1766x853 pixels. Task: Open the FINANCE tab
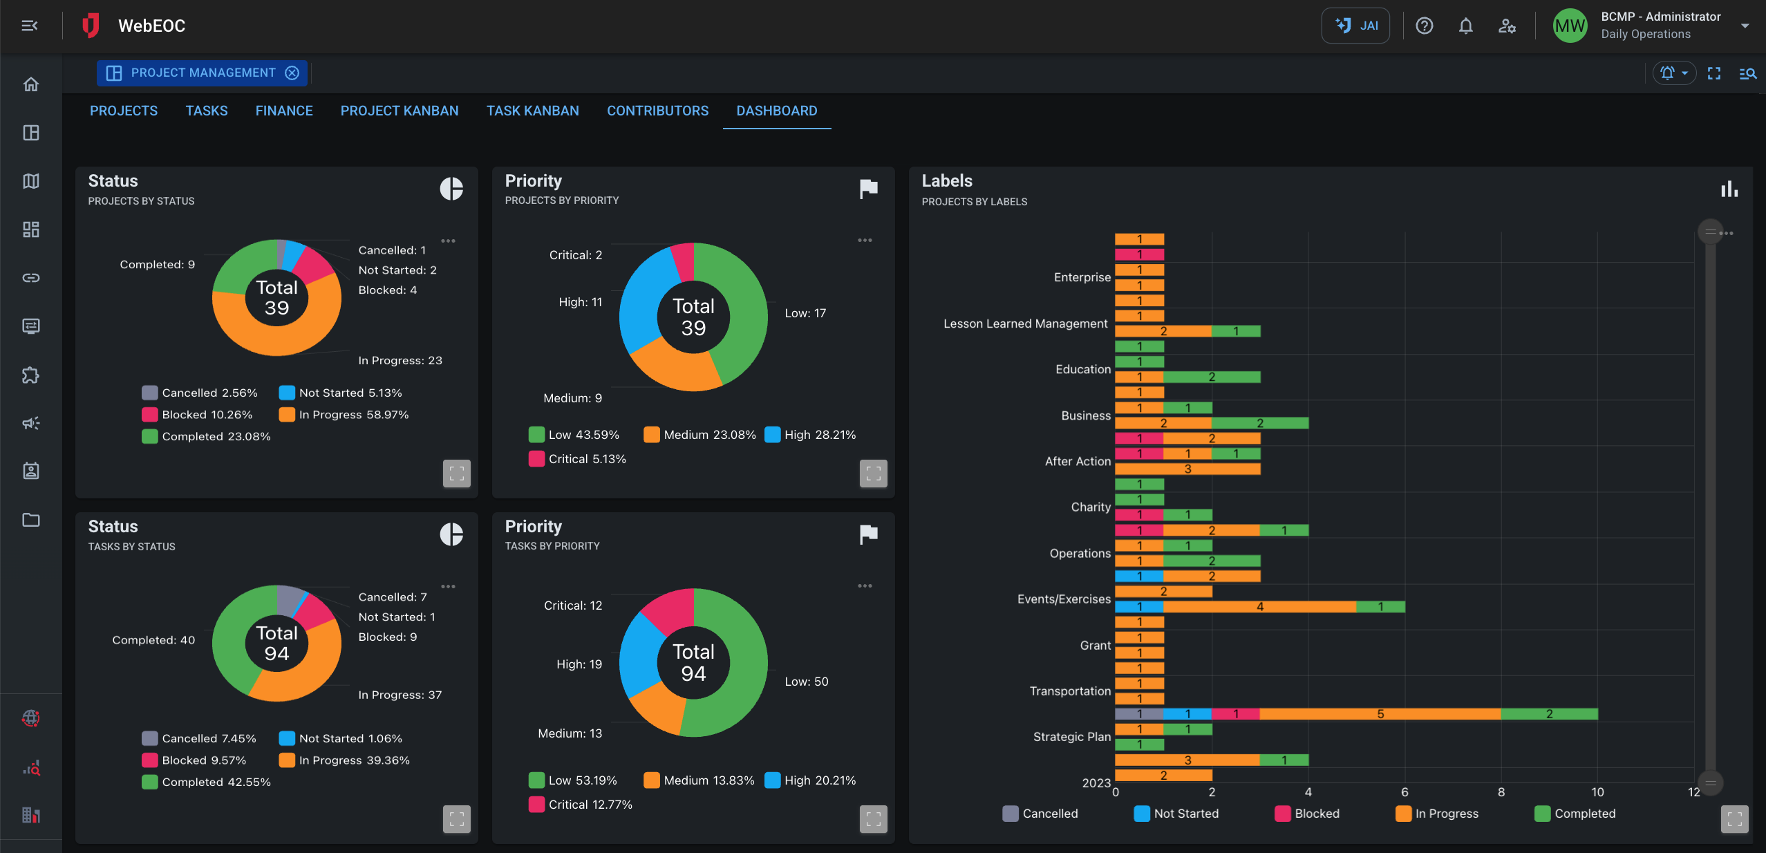(283, 111)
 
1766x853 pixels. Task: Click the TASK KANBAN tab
(532, 111)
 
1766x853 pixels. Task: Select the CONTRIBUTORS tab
(657, 111)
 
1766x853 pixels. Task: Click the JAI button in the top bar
(1355, 26)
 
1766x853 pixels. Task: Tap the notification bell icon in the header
(1465, 26)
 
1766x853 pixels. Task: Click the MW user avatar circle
(1570, 26)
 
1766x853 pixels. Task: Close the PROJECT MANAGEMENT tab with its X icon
(292, 73)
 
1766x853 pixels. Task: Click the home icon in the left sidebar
(31, 84)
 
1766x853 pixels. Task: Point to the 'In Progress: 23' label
(400, 361)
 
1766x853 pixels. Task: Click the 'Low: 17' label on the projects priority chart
(805, 313)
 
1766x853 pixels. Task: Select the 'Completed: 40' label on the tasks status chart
(153, 640)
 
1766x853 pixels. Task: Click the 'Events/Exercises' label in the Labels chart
(1064, 599)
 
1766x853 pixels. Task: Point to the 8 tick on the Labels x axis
(1501, 792)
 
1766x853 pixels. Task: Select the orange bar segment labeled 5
(1380, 714)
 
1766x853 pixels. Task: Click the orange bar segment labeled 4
(1259, 607)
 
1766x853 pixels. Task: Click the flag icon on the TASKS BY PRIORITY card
(868, 534)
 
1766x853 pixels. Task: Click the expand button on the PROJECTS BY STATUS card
(456, 474)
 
